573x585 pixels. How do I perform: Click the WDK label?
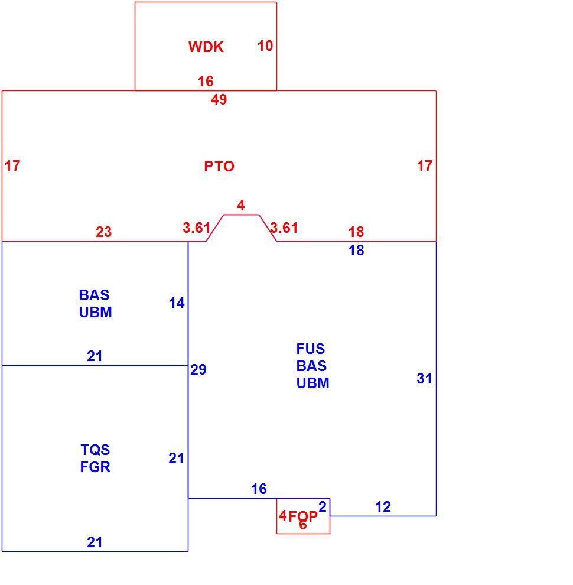206,47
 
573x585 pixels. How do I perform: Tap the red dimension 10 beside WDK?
265,46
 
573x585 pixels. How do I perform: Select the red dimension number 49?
219,100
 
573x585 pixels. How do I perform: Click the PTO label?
219,166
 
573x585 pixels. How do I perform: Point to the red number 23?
104,232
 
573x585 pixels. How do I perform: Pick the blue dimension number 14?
177,303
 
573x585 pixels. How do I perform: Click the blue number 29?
198,369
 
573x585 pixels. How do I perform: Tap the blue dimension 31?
425,379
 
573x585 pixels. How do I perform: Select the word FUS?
310,349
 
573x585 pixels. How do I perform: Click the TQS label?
95,450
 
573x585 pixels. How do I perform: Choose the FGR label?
95,467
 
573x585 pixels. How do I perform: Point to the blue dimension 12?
383,506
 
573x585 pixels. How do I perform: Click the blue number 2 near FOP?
323,506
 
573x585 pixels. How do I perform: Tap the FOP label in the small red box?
303,516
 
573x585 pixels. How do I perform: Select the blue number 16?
259,489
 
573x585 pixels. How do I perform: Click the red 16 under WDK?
206,82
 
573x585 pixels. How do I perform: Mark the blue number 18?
356,251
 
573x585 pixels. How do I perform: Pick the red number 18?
356,232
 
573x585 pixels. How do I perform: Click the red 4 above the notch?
241,206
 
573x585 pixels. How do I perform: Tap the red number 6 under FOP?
303,525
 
